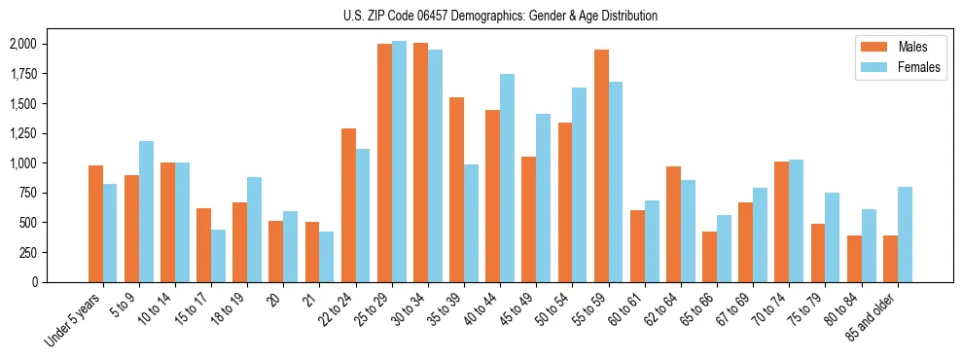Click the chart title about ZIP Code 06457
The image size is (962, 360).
pyautogui.click(x=500, y=16)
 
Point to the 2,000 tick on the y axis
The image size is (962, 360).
pyautogui.click(x=21, y=45)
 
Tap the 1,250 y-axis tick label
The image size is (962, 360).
pyautogui.click(x=21, y=133)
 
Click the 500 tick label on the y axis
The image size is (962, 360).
pyautogui.click(x=28, y=223)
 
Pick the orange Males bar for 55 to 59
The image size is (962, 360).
pyautogui.click(x=601, y=165)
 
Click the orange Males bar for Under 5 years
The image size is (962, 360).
pyautogui.click(x=95, y=224)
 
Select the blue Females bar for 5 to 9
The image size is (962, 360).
pyautogui.click(x=146, y=211)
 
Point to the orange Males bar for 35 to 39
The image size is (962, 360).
pyautogui.click(x=456, y=190)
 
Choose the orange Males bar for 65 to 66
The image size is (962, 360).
pyautogui.click(x=709, y=257)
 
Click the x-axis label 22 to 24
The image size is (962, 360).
pyautogui.click(x=346, y=310)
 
